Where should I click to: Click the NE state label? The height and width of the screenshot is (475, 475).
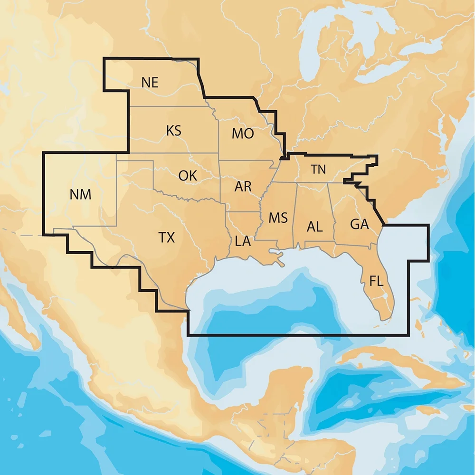150,82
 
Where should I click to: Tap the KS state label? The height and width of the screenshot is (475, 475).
174,131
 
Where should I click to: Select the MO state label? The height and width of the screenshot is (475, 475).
243,134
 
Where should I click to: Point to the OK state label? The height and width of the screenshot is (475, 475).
188,175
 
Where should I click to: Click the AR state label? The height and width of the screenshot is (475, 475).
243,186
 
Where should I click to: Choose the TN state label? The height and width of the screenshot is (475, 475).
318,169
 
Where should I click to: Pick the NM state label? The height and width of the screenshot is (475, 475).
80,194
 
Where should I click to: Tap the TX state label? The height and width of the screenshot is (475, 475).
166,237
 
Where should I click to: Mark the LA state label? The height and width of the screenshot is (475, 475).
243,241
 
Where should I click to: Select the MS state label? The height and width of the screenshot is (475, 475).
278,218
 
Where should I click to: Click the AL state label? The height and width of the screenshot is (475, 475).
314,227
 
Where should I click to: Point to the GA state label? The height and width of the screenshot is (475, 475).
360,224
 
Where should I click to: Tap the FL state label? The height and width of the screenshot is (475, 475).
376,281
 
